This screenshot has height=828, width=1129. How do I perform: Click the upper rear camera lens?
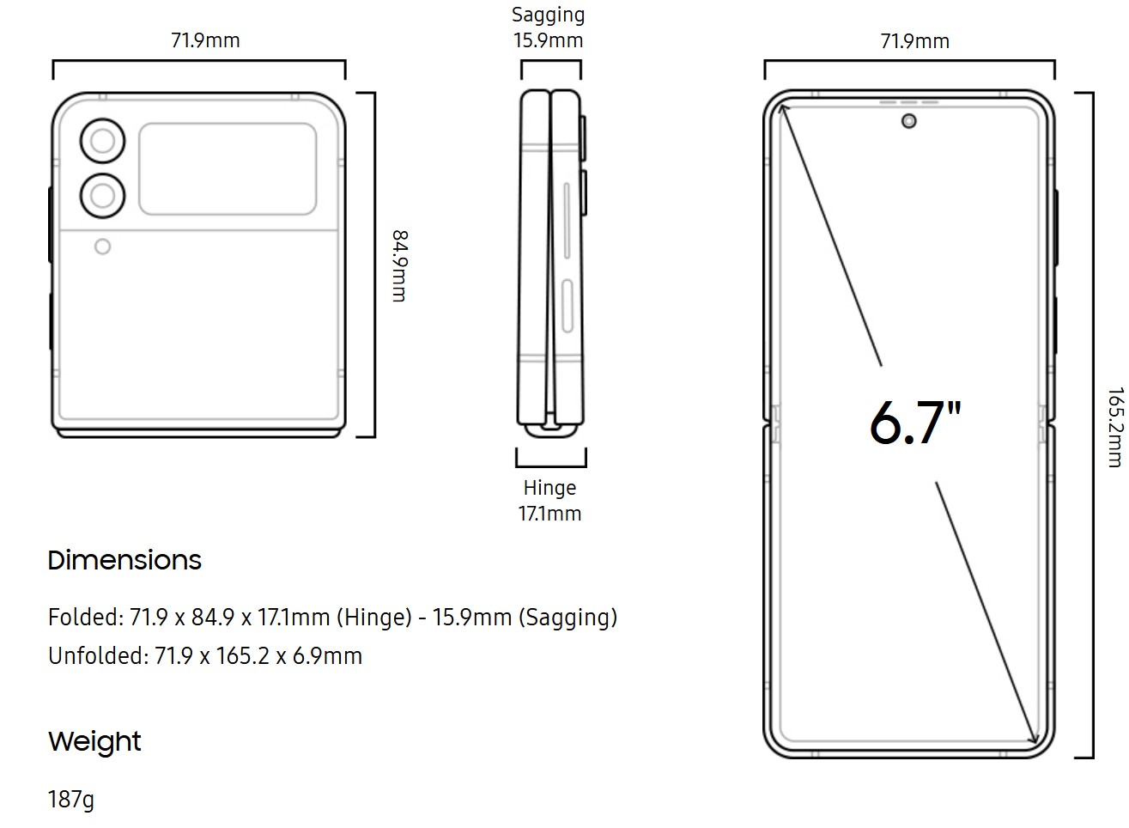pyautogui.click(x=102, y=141)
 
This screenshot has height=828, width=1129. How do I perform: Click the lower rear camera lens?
pyautogui.click(x=102, y=196)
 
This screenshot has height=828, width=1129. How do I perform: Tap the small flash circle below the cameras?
pyautogui.click(x=102, y=247)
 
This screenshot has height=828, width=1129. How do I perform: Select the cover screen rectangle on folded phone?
pyautogui.click(x=228, y=169)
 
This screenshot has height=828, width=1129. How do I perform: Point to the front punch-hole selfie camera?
pyautogui.click(x=908, y=121)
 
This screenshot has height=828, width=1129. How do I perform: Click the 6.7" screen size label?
pyautogui.click(x=915, y=423)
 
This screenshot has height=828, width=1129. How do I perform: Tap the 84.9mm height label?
pyautogui.click(x=400, y=265)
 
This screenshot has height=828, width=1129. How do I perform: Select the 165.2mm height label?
pyautogui.click(x=1115, y=427)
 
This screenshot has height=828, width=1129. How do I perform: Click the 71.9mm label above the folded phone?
pyautogui.click(x=205, y=40)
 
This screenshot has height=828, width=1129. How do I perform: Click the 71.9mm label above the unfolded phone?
pyautogui.click(x=915, y=41)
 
